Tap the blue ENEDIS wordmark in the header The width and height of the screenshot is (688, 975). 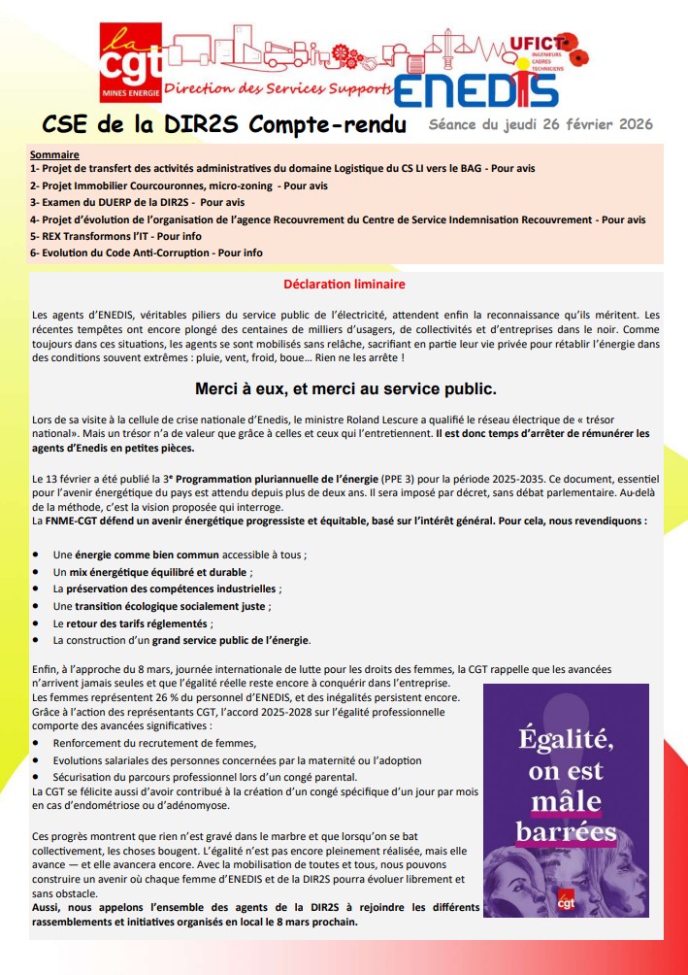pos(475,89)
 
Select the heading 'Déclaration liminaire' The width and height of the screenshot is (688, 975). pos(344,285)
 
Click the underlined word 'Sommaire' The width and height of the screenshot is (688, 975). pos(54,154)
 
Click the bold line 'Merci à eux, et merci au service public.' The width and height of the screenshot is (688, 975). pos(345,389)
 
